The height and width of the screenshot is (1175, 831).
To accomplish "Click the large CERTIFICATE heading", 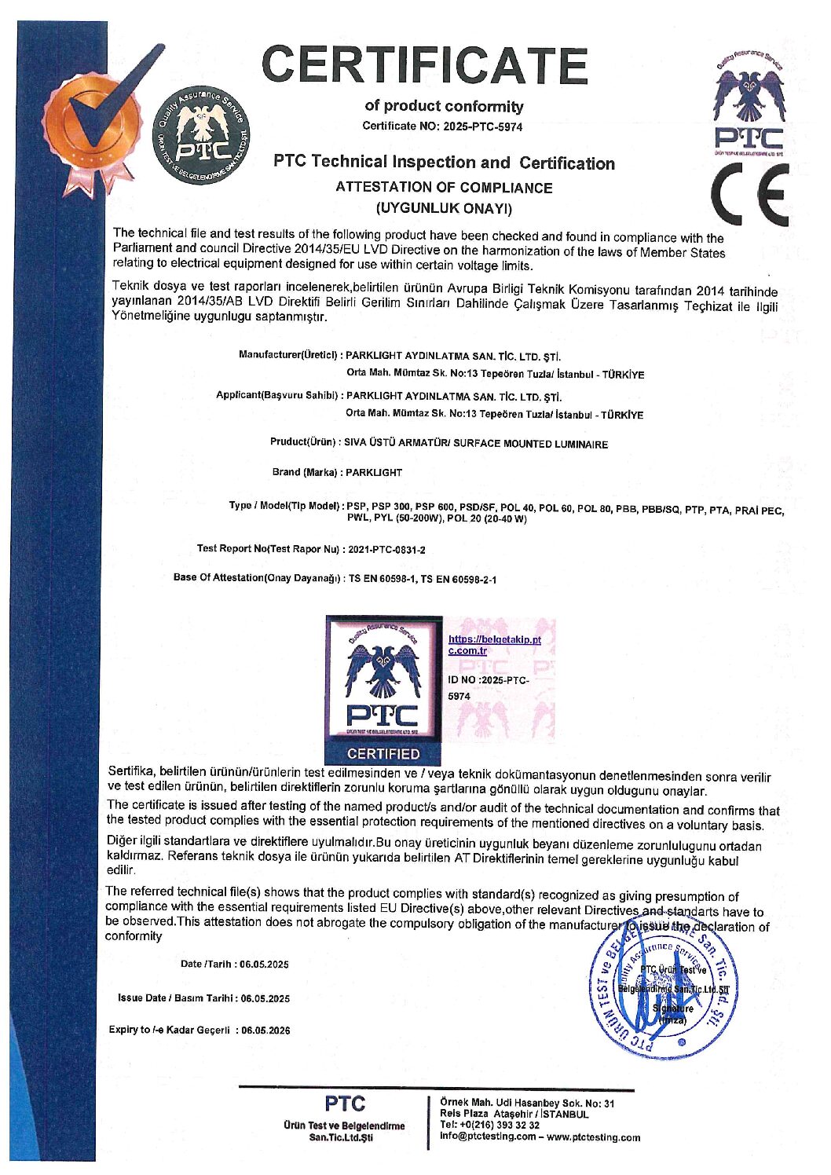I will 424,65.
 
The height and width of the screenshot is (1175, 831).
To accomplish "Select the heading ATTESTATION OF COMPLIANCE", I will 444,188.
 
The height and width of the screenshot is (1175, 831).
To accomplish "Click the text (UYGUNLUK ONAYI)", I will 444,209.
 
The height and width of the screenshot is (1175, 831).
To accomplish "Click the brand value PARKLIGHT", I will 374,473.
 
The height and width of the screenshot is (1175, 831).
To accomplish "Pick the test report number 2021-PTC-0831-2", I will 386,550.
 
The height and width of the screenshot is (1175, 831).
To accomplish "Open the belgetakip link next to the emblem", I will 494,645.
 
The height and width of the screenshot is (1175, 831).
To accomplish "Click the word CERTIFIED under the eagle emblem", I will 383,754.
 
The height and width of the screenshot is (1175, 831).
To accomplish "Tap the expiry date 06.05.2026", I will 265,1030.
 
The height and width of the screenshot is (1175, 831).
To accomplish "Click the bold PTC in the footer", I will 345,1104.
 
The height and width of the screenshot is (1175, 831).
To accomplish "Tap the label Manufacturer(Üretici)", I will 288,355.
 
